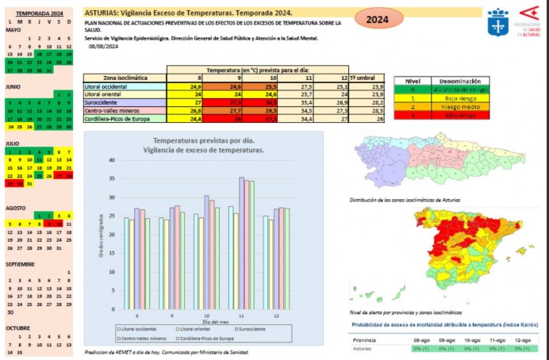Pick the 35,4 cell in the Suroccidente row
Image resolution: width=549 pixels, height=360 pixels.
click(305, 101)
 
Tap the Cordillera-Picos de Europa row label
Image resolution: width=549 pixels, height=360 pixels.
click(116, 118)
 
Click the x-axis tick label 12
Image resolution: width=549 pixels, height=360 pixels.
click(277, 315)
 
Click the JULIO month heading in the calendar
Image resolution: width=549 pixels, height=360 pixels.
click(13, 144)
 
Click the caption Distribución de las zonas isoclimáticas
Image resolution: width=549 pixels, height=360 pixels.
click(405, 199)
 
